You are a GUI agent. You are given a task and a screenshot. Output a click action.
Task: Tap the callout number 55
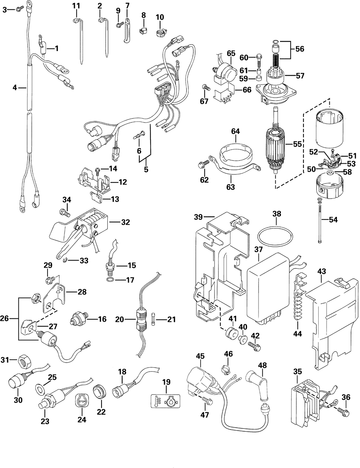(297, 144)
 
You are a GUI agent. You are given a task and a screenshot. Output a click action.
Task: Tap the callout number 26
(4, 318)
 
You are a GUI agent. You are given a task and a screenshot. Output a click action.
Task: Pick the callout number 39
(198, 217)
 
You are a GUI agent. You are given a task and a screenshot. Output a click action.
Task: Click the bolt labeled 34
(65, 213)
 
